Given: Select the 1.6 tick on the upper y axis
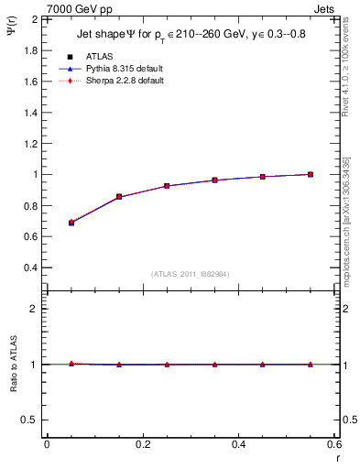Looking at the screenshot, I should click(x=31, y=82).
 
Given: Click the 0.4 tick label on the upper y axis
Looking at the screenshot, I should click(x=31, y=267).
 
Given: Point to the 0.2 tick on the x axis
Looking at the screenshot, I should click(x=142, y=444).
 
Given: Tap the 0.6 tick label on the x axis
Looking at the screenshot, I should click(x=333, y=444).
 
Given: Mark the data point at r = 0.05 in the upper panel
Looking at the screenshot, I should click(x=71, y=223).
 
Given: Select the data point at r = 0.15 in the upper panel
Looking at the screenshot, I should click(x=119, y=196).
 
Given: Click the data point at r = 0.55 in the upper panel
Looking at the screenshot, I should click(x=311, y=174).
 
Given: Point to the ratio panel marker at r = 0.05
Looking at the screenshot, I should click(x=71, y=364).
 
